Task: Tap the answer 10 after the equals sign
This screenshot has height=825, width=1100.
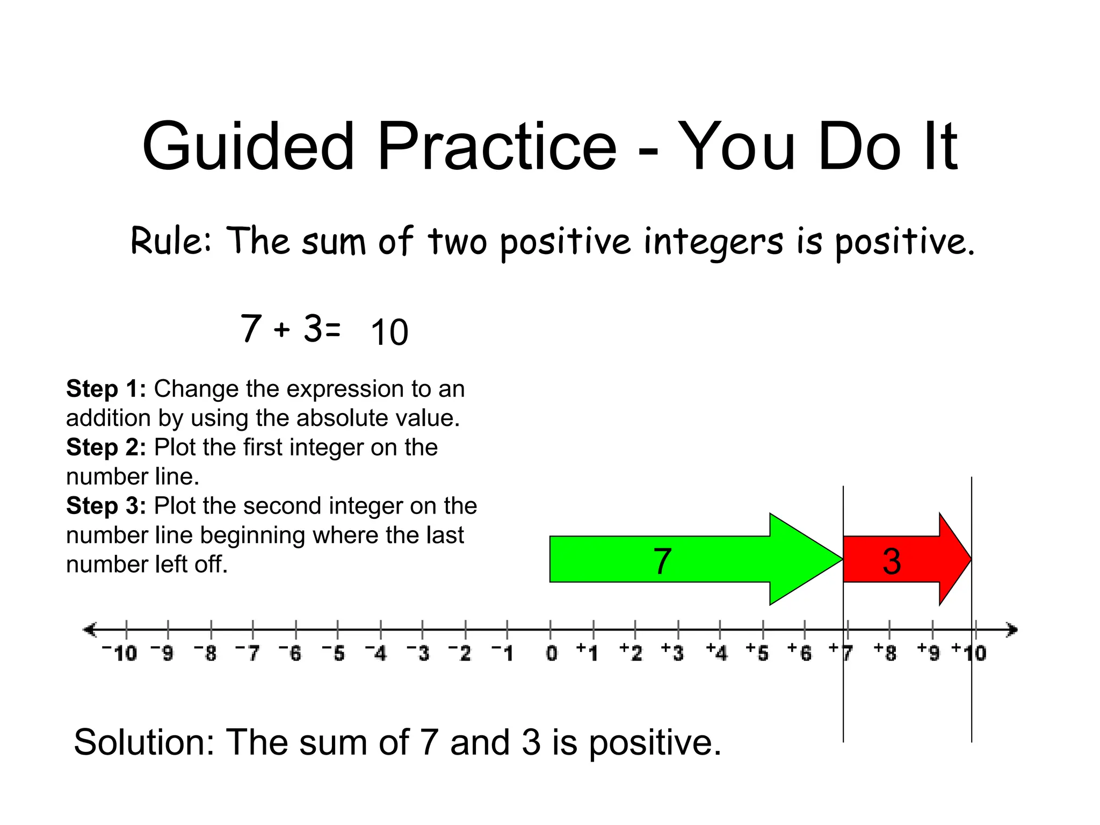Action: [x=389, y=332]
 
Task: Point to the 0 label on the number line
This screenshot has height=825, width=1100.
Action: [x=552, y=653]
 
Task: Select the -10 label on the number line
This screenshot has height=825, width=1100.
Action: [x=120, y=653]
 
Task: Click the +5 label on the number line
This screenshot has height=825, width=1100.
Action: [x=757, y=652]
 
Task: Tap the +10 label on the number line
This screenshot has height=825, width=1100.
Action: [x=969, y=652]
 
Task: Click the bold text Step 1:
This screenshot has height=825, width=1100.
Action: [x=106, y=389]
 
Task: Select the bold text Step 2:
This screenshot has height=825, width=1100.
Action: [x=106, y=447]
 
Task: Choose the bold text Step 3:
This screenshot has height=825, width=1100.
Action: [x=106, y=506]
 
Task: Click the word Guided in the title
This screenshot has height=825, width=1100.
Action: [x=248, y=146]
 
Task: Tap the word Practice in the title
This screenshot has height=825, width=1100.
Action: [x=497, y=146]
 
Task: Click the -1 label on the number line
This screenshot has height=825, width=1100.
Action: [x=503, y=653]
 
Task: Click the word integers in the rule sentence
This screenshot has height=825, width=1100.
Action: [x=713, y=242]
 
